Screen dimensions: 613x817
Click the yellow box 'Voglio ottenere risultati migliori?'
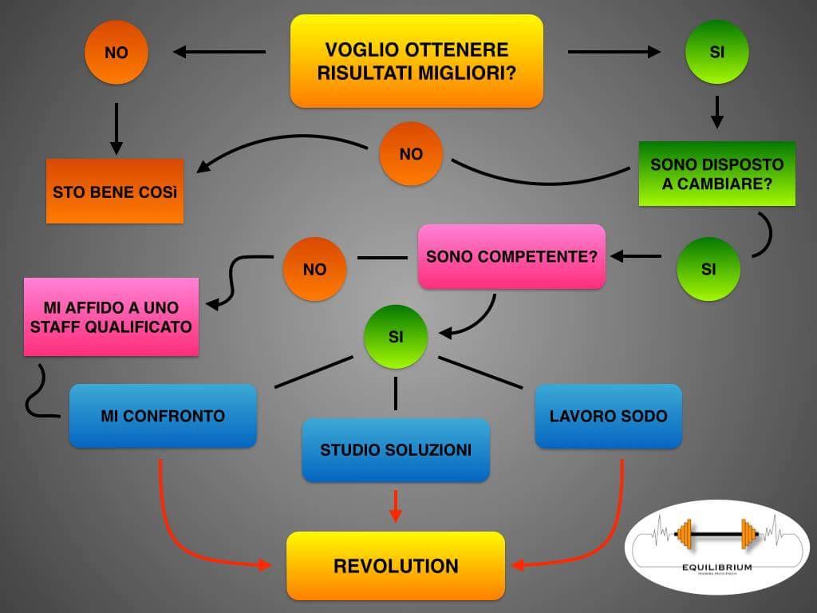[x=416, y=61]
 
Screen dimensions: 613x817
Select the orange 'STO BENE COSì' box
[x=115, y=192]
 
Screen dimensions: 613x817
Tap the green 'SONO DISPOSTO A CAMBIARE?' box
[x=717, y=174]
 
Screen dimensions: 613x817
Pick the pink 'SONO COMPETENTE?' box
[x=511, y=257]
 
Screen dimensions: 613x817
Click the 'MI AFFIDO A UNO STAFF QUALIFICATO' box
[x=111, y=317]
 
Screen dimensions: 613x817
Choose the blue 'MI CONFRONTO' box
[x=163, y=416]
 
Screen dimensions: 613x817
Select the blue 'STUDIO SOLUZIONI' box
[x=395, y=450]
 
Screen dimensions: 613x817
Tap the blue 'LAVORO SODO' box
[x=608, y=416]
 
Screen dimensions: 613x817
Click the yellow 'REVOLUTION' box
[x=396, y=566]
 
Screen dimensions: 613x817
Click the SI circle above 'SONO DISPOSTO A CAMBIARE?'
[x=717, y=52]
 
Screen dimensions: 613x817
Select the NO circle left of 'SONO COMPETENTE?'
[x=315, y=269]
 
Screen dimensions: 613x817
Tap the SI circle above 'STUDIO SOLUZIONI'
[x=396, y=336]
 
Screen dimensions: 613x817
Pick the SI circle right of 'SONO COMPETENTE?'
[x=708, y=269]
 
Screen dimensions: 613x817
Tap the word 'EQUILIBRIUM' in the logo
[x=716, y=568]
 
